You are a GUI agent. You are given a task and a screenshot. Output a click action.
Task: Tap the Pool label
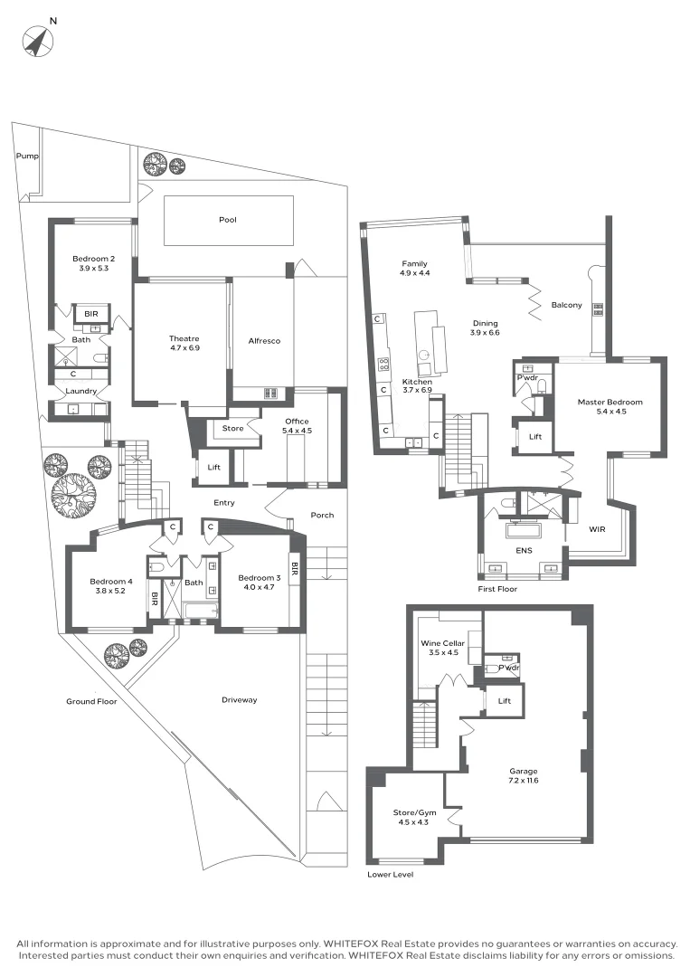pos(227,220)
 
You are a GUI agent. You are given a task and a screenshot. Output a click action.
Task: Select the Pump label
pos(26,157)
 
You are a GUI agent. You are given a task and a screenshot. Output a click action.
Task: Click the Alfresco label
pos(264,341)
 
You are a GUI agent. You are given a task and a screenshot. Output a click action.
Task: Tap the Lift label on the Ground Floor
pos(213,468)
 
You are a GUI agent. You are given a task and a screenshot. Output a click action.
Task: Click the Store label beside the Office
pos(232,429)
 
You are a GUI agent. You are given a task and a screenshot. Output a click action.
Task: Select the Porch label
pos(322,515)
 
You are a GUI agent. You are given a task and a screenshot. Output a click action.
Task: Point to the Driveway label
pos(240,699)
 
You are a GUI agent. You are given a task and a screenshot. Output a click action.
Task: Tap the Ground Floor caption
pos(91,701)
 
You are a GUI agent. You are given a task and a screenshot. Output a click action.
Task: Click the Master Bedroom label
pos(610,402)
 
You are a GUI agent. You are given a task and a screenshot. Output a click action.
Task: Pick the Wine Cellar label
pos(441,643)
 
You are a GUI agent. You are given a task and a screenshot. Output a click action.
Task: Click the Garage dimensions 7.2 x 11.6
pos(523,781)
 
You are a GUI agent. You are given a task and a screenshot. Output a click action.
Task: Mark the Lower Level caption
pos(391,875)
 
